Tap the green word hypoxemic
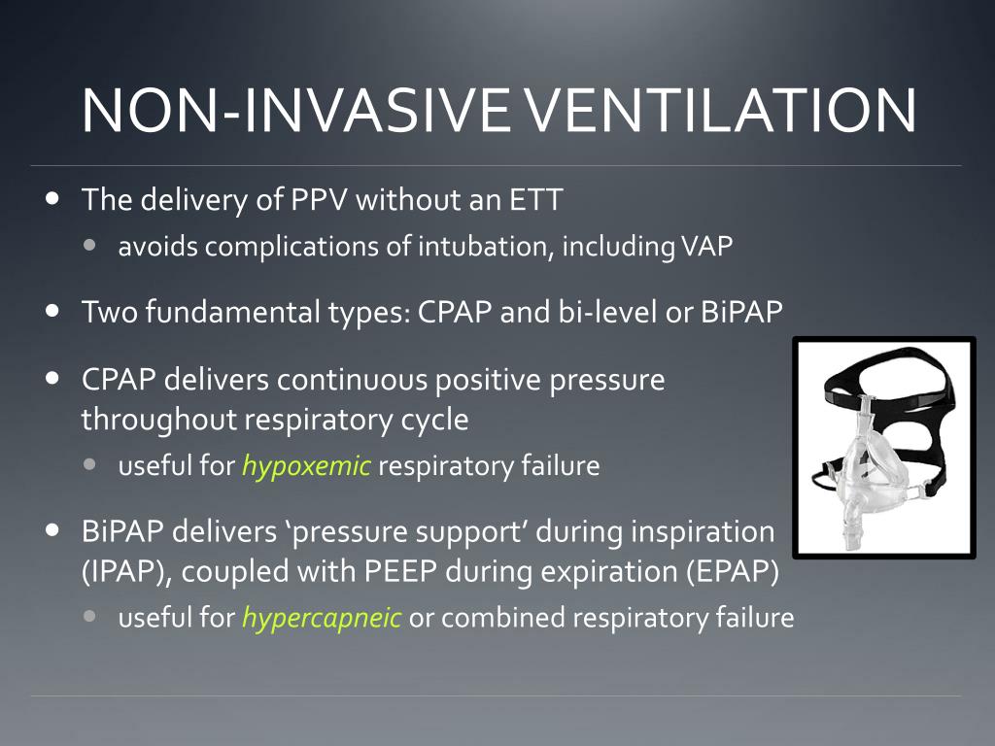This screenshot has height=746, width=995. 306,466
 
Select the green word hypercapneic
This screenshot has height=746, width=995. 321,618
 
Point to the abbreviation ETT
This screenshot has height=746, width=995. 535,200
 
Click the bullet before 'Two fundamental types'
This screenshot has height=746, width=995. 51,312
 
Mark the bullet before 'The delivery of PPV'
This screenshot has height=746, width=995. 51,199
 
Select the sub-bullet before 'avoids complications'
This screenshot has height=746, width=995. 90,246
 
